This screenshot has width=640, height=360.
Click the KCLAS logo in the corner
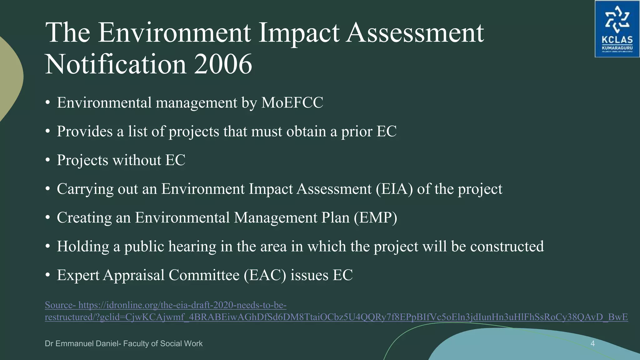pos(617,29)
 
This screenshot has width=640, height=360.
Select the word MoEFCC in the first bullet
pos(292,103)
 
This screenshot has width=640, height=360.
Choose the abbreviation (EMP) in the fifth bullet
pos(375,218)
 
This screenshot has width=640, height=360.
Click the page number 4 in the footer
pos(592,344)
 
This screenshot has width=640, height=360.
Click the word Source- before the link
pos(60,305)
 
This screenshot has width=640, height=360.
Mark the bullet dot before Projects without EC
pos(47,160)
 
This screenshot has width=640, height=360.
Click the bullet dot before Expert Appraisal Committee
pos(47,275)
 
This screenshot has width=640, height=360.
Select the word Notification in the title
pos(116,64)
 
